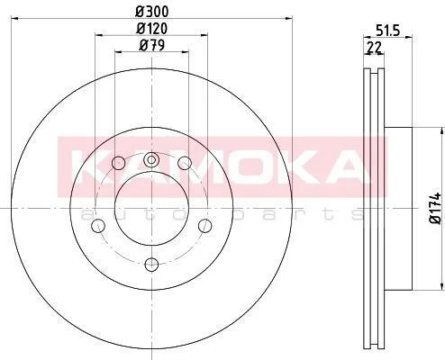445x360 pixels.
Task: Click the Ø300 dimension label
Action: [x=152, y=12]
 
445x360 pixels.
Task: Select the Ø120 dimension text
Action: [x=151, y=29]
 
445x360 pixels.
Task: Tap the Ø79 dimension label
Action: [x=152, y=46]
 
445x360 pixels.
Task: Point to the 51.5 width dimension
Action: [x=388, y=31]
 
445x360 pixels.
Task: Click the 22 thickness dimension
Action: [x=374, y=48]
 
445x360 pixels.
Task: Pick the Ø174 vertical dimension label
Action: [x=436, y=208]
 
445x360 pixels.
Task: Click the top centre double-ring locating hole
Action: [x=151, y=159]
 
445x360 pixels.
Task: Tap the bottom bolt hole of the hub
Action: [x=151, y=265]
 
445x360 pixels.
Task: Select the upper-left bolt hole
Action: [x=118, y=163]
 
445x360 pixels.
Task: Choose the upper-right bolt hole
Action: [x=185, y=163]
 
